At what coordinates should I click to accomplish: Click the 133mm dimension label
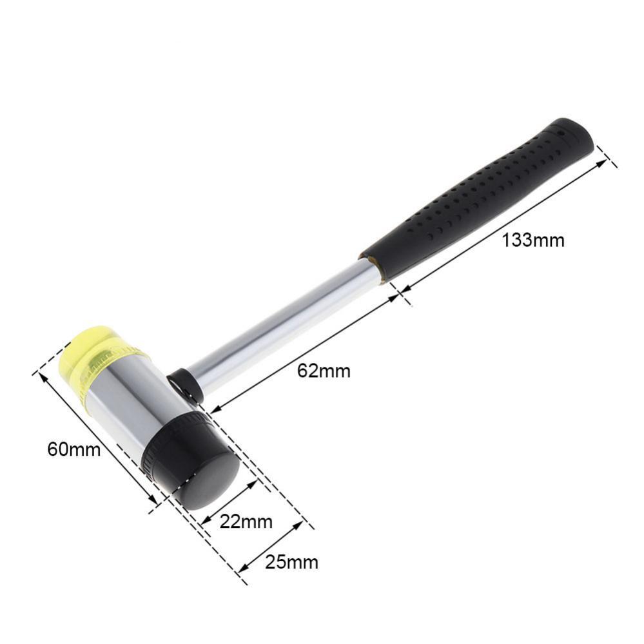(x=533, y=240)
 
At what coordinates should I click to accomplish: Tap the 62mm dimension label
(x=324, y=371)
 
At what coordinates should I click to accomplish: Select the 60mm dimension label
(x=74, y=449)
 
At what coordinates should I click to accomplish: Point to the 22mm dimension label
(x=246, y=521)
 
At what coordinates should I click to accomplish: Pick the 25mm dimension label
(x=291, y=562)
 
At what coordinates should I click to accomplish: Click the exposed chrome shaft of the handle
(x=284, y=329)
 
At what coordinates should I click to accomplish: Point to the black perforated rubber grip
(x=477, y=200)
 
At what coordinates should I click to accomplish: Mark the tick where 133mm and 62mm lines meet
(x=401, y=295)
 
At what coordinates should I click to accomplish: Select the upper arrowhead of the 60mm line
(x=44, y=376)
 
